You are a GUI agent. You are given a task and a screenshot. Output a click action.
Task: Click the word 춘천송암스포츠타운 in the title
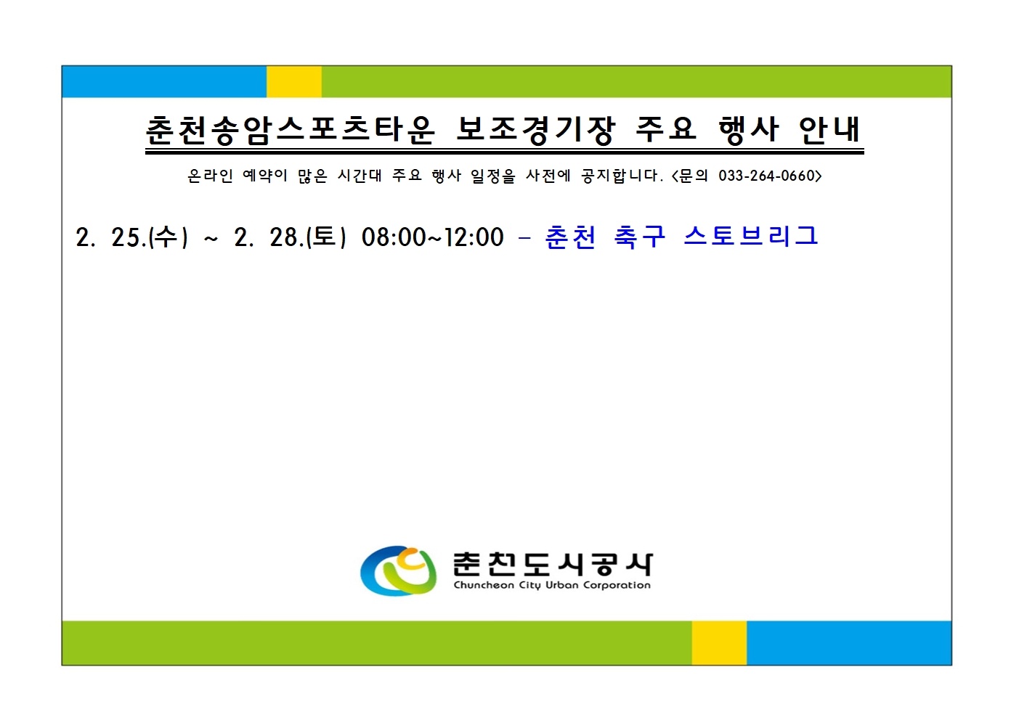point(290,130)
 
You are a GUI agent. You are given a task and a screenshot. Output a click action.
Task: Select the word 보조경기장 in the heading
point(535,130)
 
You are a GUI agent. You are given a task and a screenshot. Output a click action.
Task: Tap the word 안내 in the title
point(829,130)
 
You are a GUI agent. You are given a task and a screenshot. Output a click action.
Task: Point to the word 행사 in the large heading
point(748,130)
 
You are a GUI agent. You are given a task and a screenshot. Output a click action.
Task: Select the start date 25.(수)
point(150,237)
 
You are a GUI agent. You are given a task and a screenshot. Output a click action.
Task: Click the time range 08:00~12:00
point(432,237)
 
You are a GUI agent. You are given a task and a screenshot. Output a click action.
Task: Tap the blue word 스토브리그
point(751,236)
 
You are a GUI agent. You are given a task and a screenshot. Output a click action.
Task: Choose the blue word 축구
point(639,236)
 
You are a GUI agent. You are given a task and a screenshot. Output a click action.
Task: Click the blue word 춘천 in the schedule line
point(571,236)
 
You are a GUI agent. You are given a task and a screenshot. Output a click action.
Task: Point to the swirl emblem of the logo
point(398,570)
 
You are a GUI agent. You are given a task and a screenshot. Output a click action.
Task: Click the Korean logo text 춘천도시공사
point(552,563)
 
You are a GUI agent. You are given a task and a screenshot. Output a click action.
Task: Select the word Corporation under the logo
point(617,585)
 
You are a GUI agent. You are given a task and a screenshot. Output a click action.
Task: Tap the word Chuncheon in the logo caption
point(484,585)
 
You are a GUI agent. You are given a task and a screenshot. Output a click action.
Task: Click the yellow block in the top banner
point(293,81)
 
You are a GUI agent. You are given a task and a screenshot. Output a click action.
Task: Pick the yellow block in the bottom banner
point(719,642)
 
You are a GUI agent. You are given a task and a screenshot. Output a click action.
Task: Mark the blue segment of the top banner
point(164,81)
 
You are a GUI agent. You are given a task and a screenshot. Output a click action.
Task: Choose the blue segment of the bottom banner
point(848,642)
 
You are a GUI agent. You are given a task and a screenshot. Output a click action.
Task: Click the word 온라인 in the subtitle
point(210,176)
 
